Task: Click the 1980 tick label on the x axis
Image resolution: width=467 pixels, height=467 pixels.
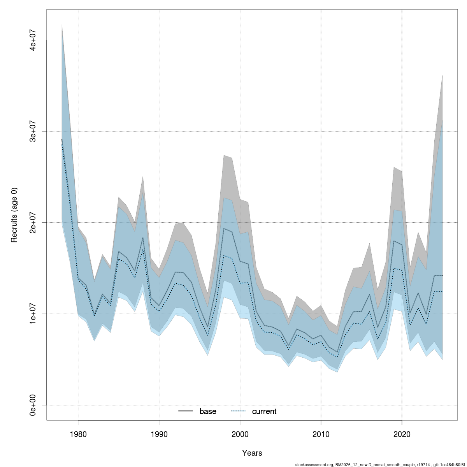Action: pyautogui.click(x=78, y=433)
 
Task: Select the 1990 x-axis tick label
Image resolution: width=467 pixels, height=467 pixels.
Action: pyautogui.click(x=159, y=433)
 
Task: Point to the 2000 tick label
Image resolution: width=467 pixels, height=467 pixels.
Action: pyautogui.click(x=240, y=433)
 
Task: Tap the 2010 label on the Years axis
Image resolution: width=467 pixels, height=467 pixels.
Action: pyautogui.click(x=321, y=433)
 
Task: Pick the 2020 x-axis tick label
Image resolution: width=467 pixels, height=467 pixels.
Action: pyautogui.click(x=402, y=433)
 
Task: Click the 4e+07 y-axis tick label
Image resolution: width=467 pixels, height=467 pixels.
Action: pyautogui.click(x=33, y=40)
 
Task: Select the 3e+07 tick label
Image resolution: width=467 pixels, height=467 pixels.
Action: pyautogui.click(x=33, y=131)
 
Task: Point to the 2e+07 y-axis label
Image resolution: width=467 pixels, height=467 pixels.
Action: pyautogui.click(x=33, y=222)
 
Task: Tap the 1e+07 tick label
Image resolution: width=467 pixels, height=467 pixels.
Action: pyautogui.click(x=33, y=314)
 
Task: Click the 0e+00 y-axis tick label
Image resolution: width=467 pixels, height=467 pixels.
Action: pyautogui.click(x=33, y=405)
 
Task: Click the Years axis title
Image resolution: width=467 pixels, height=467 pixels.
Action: pyautogui.click(x=252, y=453)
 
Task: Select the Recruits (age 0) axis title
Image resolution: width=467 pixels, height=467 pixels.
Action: pyautogui.click(x=14, y=215)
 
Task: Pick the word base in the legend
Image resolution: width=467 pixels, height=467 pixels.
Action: pyautogui.click(x=208, y=411)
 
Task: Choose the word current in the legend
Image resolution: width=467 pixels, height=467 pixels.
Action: pyautogui.click(x=264, y=411)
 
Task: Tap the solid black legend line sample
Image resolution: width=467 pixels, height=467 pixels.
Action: pyautogui.click(x=186, y=411)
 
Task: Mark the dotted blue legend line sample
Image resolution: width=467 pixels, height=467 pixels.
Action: pyautogui.click(x=238, y=411)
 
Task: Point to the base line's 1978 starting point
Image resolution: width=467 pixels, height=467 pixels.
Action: pyautogui.click(x=62, y=139)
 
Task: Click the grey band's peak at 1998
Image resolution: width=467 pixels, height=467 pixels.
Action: pyautogui.click(x=224, y=155)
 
